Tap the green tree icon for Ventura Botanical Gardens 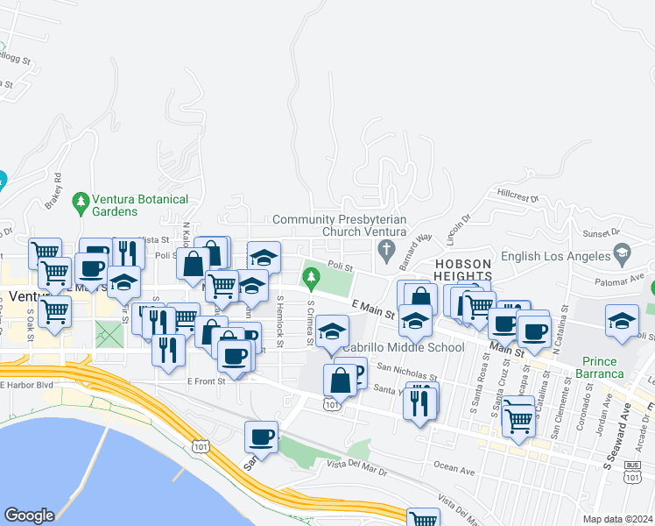pos(81,203)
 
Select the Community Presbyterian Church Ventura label pos(339,225)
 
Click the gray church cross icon pos(385,252)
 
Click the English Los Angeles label pos(555,256)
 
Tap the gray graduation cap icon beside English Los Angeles pos(622,254)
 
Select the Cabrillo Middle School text pos(403,347)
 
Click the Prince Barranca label pos(600,367)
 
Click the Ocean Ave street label pos(455,472)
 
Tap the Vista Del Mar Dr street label pos(356,470)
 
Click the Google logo pos(29,515)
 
